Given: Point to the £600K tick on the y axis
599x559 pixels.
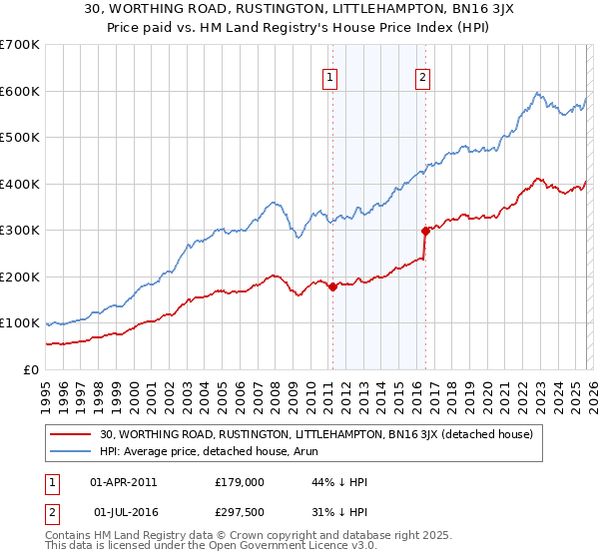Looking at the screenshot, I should coord(20,91).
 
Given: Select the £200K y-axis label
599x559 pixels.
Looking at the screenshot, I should coord(20,277).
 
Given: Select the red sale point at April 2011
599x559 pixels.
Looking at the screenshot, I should coord(332,286).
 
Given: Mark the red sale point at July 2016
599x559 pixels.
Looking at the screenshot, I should coord(425,231).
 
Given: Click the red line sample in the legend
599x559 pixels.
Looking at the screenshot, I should coord(71,434).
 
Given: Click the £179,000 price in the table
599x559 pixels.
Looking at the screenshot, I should coord(238,482).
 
